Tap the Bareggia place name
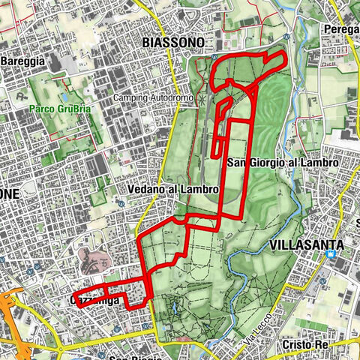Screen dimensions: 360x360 tap(22, 61)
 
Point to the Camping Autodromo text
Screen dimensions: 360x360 tap(154, 98)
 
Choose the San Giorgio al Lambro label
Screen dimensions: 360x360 tap(283, 162)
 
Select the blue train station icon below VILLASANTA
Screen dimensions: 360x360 tap(330, 255)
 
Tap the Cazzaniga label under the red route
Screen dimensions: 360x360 tap(96, 300)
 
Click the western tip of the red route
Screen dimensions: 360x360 tap(76, 292)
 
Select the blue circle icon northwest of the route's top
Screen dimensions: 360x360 tap(214, 56)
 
